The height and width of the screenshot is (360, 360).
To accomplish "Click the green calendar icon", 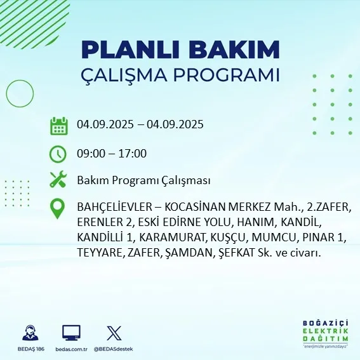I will click(58, 125).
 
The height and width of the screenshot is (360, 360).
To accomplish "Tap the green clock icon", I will click(58, 153).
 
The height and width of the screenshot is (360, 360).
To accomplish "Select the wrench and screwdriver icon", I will click(58, 180).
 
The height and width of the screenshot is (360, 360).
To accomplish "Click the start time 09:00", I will click(90, 153).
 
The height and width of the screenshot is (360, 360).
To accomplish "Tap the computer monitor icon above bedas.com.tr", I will click(71, 332).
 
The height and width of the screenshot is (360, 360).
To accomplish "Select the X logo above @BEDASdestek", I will click(114, 332).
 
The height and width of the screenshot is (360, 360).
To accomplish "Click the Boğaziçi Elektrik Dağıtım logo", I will click(325, 334).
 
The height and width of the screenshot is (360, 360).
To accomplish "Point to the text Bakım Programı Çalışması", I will click(143, 180).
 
